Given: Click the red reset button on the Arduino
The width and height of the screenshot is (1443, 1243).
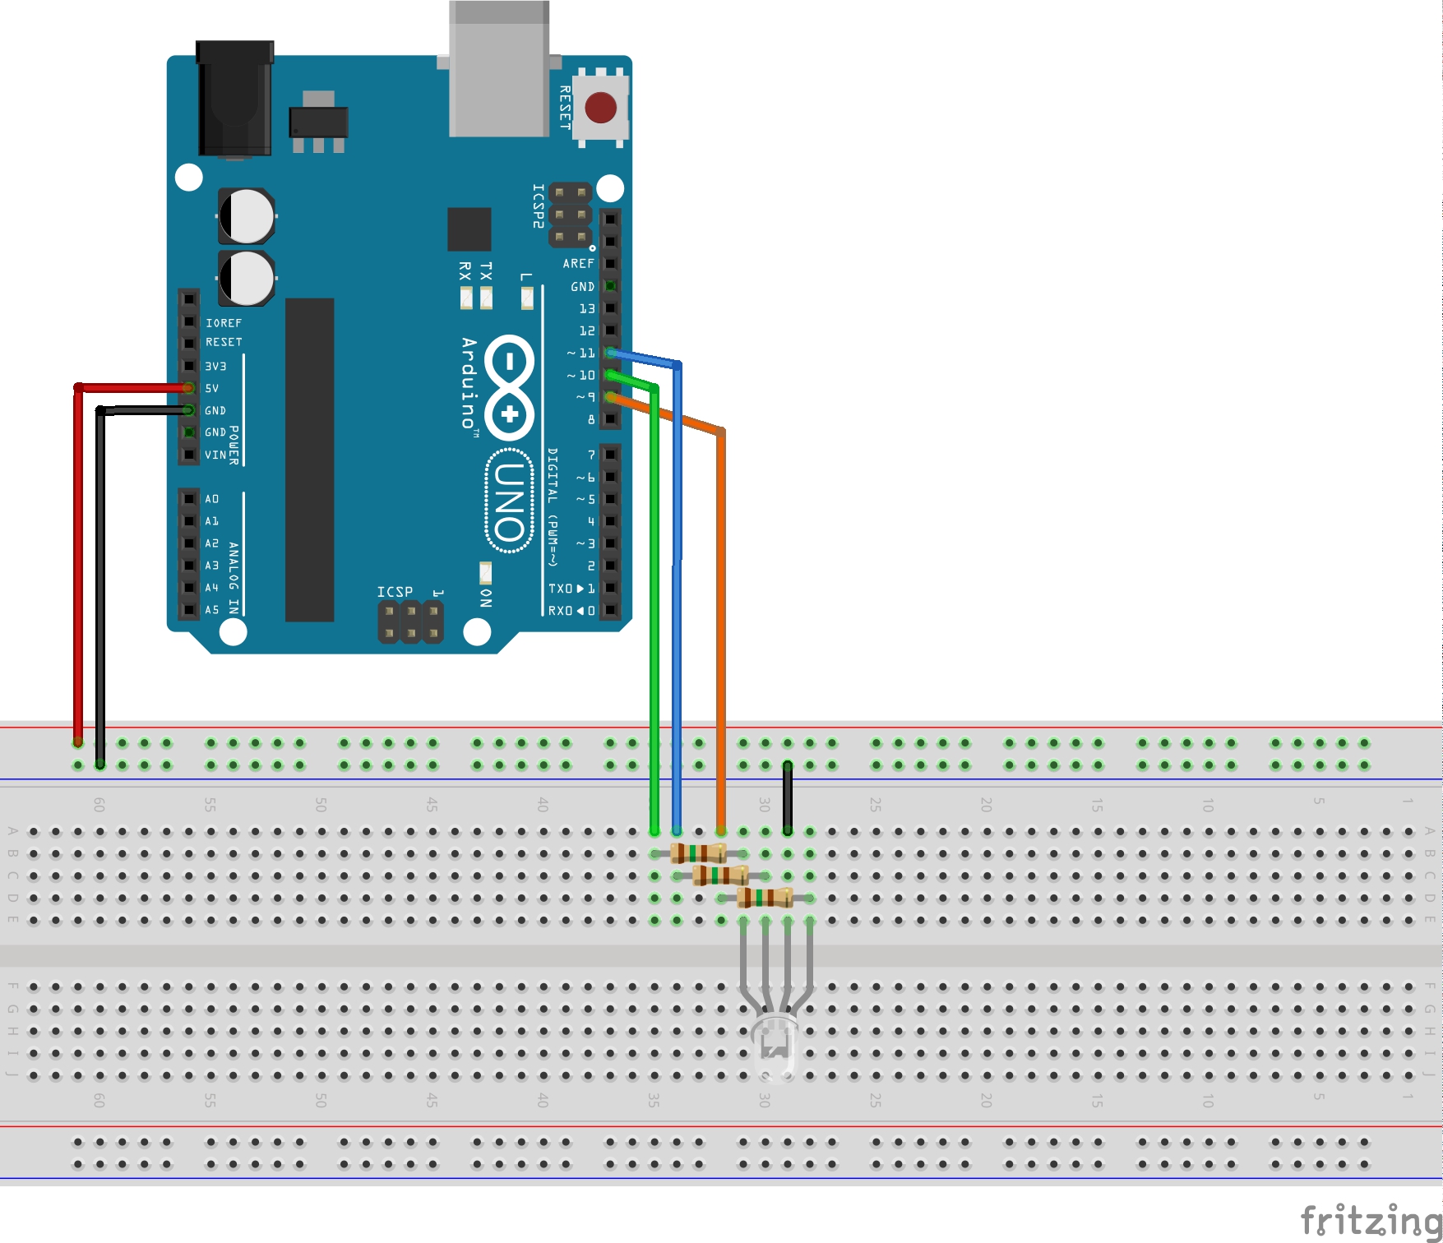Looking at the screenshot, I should click(600, 108).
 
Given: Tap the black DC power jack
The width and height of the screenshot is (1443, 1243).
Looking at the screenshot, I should click(234, 99).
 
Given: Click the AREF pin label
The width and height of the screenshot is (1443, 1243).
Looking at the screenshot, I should click(578, 264).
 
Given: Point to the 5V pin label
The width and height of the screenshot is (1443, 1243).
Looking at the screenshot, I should click(212, 388).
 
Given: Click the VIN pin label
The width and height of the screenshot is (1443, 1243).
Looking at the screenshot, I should click(215, 455).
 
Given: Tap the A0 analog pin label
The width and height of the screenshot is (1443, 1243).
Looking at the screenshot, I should click(212, 499).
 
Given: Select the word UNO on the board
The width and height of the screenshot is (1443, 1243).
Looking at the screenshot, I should click(510, 501).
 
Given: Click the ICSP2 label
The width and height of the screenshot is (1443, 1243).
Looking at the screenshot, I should click(538, 206).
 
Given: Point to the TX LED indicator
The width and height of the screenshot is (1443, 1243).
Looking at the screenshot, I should click(486, 296).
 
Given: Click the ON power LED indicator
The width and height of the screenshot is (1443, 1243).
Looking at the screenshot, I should click(485, 573).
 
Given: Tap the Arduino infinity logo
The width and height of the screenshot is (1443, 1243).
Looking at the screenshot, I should click(510, 386).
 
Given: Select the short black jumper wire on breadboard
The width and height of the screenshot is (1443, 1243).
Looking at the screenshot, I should click(787, 797).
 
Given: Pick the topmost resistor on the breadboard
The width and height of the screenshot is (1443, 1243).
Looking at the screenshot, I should click(698, 853).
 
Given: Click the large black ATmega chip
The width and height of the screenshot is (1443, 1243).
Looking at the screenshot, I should click(309, 460).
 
